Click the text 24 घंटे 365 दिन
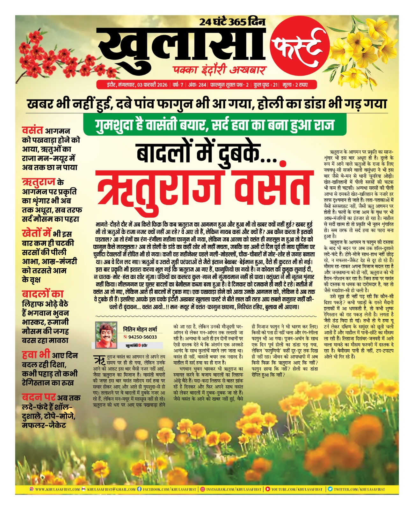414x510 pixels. (232, 22)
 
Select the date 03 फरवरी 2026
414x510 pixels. (152, 85)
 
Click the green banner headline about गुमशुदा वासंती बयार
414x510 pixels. (214, 124)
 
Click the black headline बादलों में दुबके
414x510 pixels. (207, 152)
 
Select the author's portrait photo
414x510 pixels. (106, 335)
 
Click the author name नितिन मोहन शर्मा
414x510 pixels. (140, 329)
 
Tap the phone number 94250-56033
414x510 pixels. (142, 337)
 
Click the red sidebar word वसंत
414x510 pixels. (32, 130)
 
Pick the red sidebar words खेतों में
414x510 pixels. (36, 233)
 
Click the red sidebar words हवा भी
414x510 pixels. (36, 354)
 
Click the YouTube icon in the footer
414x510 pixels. (268, 489)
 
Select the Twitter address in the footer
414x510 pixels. (359, 489)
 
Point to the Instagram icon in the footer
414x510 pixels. (202, 489)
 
